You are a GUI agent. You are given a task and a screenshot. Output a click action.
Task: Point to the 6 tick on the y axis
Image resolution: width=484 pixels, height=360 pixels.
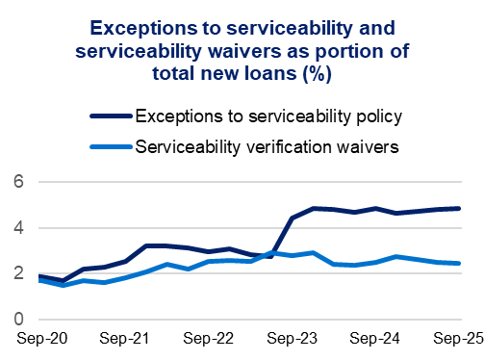tap(17, 182)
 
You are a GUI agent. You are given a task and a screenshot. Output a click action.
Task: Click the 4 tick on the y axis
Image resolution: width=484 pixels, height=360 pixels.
tap(17, 228)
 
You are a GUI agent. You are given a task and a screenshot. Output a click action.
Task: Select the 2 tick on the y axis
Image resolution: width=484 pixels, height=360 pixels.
tap(17, 273)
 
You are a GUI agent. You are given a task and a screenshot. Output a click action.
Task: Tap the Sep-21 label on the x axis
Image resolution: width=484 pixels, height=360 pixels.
tap(127, 340)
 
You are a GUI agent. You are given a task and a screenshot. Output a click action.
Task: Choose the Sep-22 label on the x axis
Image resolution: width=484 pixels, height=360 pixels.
tap(209, 340)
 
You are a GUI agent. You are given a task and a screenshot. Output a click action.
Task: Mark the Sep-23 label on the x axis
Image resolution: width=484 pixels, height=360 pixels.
tap(292, 340)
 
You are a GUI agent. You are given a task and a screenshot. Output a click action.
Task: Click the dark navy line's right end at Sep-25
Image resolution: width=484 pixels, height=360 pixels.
tap(458, 208)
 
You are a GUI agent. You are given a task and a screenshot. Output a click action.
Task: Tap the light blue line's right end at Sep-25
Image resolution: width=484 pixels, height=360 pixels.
tap(458, 263)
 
